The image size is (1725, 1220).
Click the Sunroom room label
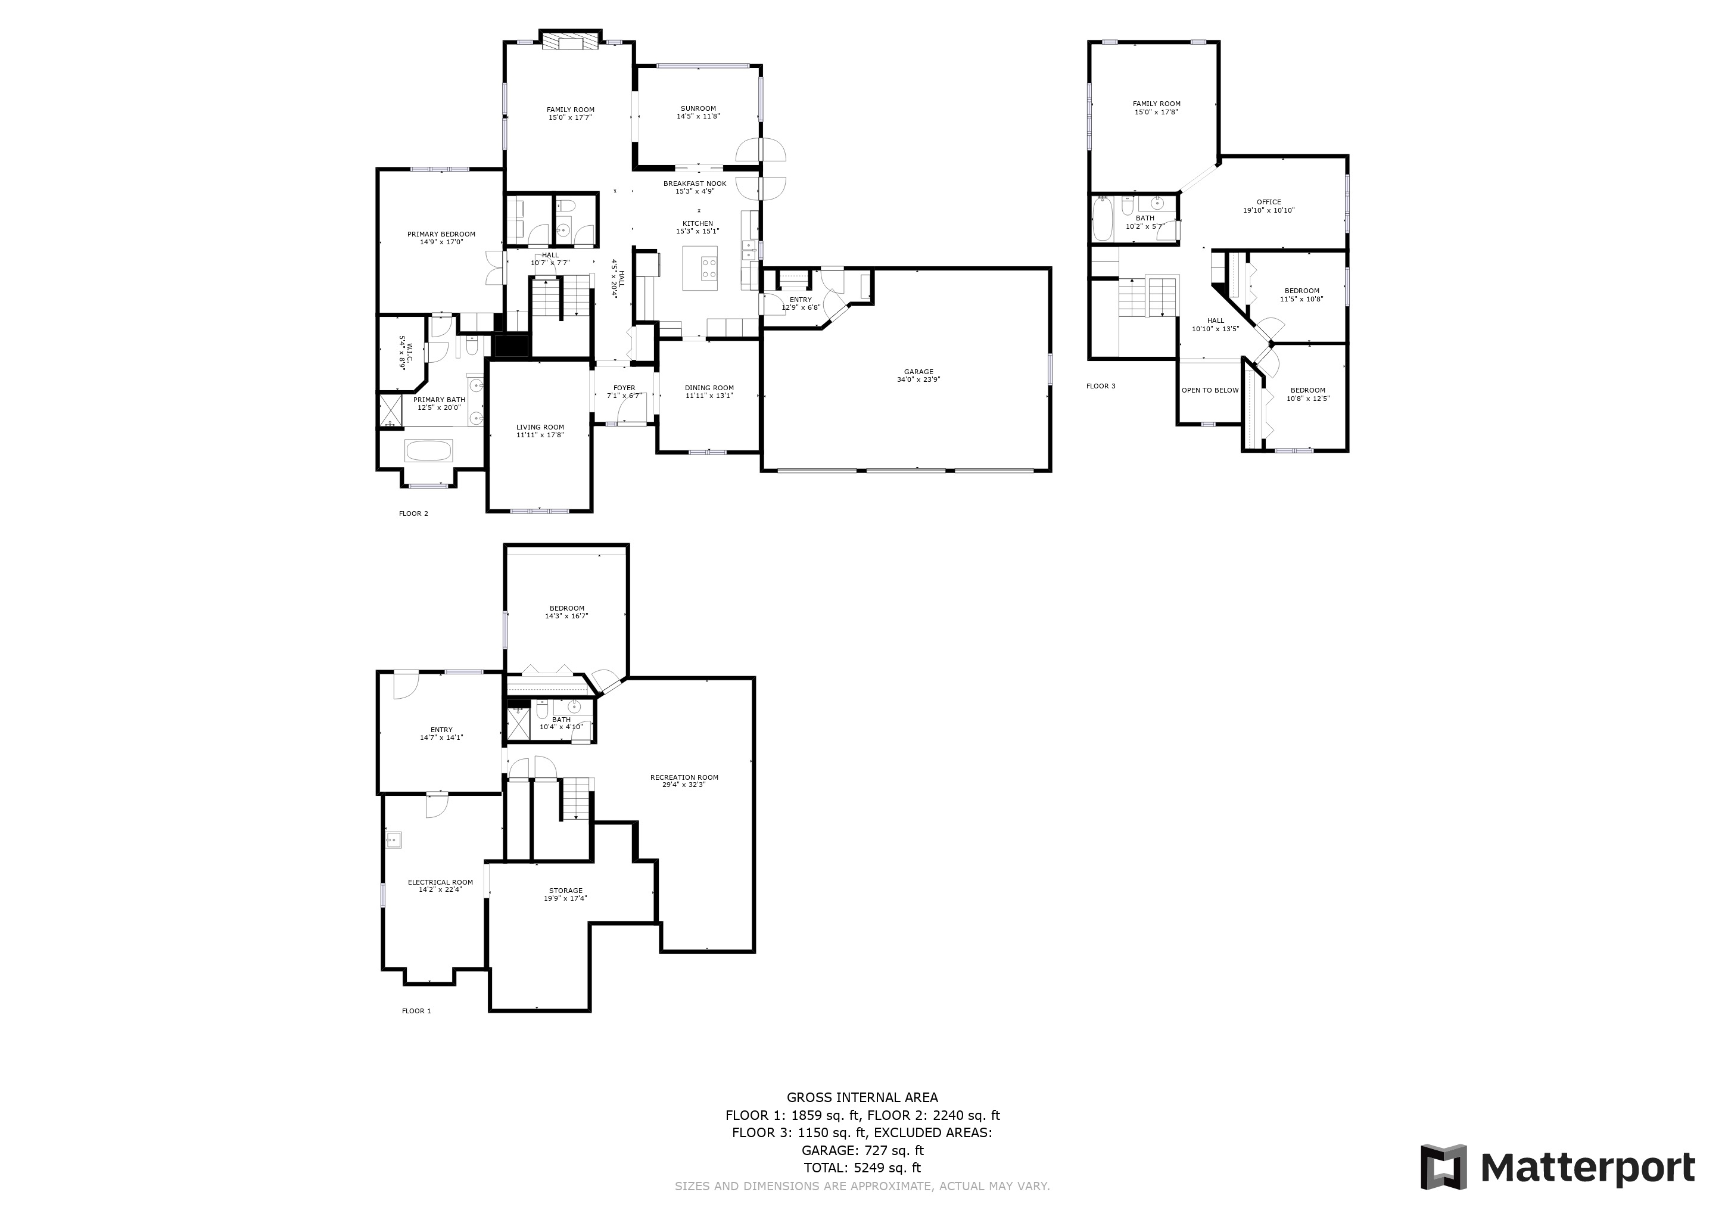pos(698,109)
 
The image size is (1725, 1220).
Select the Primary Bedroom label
pos(441,234)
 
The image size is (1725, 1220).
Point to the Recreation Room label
pos(684,777)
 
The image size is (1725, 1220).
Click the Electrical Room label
pos(440,883)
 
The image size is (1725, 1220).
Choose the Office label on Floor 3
pos(1269,202)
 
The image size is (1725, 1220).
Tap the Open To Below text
pos(1210,391)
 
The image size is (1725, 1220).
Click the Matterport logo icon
pos(1443,1166)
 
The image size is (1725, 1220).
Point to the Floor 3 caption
pos(1101,386)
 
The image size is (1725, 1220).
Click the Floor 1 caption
pos(416,1011)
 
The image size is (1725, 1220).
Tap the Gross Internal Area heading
pos(862,1097)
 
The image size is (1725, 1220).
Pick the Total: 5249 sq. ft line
pos(862,1168)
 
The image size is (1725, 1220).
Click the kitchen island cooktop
pos(708,268)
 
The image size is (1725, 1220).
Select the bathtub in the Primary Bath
pos(429,451)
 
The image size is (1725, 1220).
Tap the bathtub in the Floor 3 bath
pos(1102,219)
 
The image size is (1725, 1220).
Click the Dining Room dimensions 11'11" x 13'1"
pos(709,396)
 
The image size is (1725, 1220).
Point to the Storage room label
pos(566,891)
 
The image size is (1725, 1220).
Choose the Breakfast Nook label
pos(695,184)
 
